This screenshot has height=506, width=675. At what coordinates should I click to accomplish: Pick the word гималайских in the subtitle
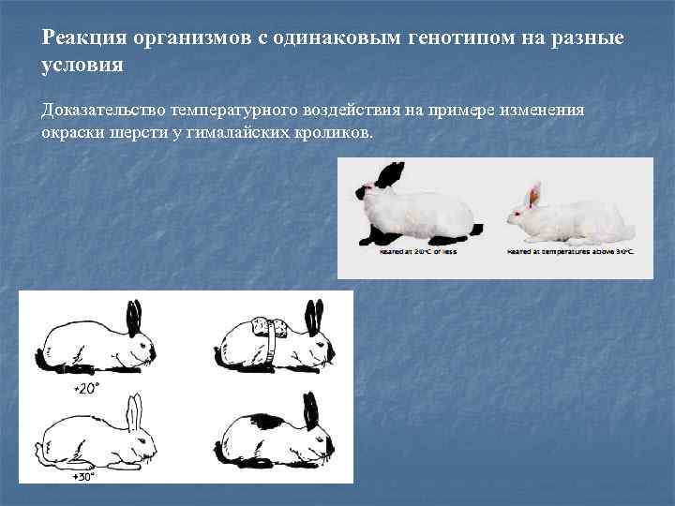[x=263, y=132]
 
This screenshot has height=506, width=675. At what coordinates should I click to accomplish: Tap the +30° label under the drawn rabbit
[x=85, y=476]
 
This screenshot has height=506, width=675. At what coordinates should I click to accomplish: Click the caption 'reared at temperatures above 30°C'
[x=569, y=253]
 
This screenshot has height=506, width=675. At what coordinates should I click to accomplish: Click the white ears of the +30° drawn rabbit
[x=136, y=411]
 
